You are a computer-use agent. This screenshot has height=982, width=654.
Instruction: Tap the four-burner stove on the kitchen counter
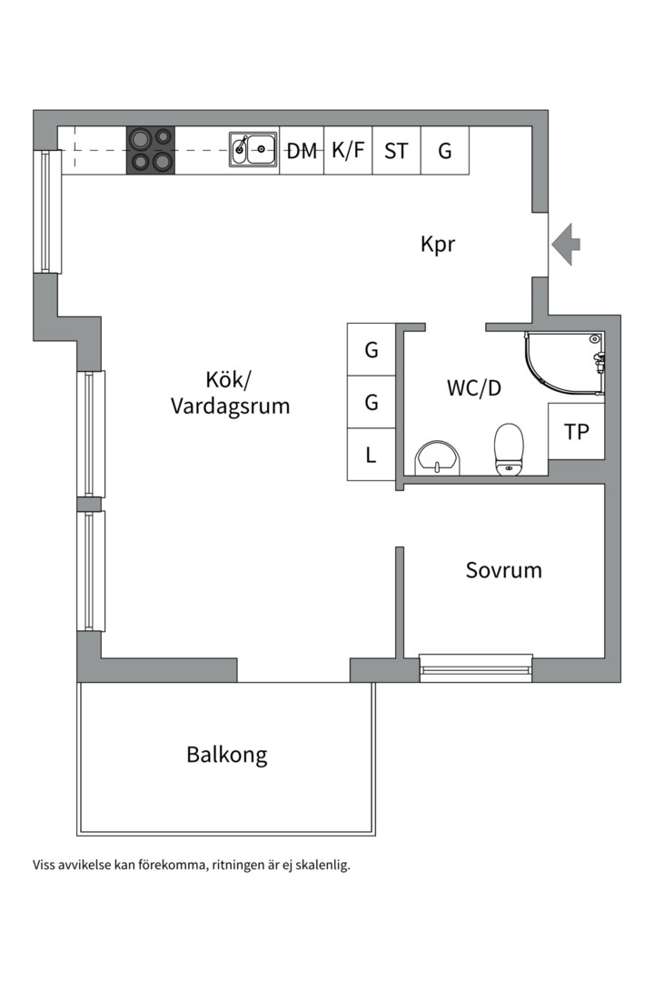pyautogui.click(x=150, y=150)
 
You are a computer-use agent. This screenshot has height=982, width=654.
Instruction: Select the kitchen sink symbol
pyautogui.click(x=253, y=150)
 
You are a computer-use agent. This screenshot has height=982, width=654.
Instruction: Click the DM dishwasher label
pyautogui.click(x=302, y=151)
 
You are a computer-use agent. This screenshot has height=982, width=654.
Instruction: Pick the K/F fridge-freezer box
pyautogui.click(x=348, y=151)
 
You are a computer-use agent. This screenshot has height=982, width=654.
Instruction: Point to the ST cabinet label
pyautogui.click(x=396, y=151)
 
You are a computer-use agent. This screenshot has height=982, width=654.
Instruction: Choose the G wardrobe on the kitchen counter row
pyautogui.click(x=445, y=151)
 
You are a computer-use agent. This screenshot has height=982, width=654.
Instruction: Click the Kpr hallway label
pyautogui.click(x=438, y=245)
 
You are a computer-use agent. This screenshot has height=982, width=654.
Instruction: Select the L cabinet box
pyautogui.click(x=372, y=455)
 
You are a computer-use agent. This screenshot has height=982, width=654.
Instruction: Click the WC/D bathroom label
pyautogui.click(x=473, y=388)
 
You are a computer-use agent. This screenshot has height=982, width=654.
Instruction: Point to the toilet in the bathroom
pyautogui.click(x=509, y=450)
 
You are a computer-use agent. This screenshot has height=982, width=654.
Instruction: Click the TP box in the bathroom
pyautogui.click(x=577, y=432)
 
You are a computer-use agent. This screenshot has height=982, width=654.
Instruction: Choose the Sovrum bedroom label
pyautogui.click(x=503, y=571)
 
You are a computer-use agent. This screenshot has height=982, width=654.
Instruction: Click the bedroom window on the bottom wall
pyautogui.click(x=476, y=667)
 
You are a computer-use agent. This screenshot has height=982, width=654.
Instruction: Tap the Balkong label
pyautogui.click(x=227, y=755)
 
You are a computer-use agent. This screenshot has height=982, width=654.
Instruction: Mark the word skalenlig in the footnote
pyautogui.click(x=322, y=865)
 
